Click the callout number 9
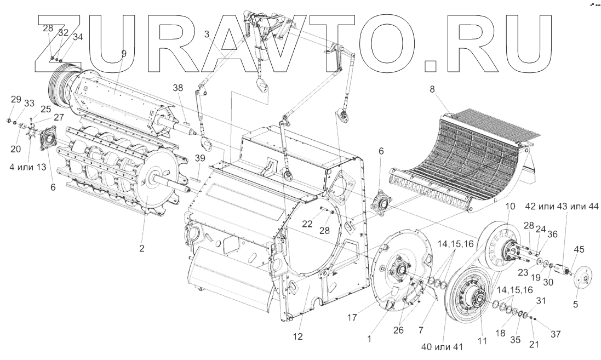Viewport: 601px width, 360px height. (x=124, y=54)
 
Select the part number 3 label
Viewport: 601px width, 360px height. (x=207, y=35)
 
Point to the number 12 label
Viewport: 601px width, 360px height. (x=298, y=335)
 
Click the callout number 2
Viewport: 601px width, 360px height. (x=142, y=248)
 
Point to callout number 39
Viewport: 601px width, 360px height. (x=200, y=158)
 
